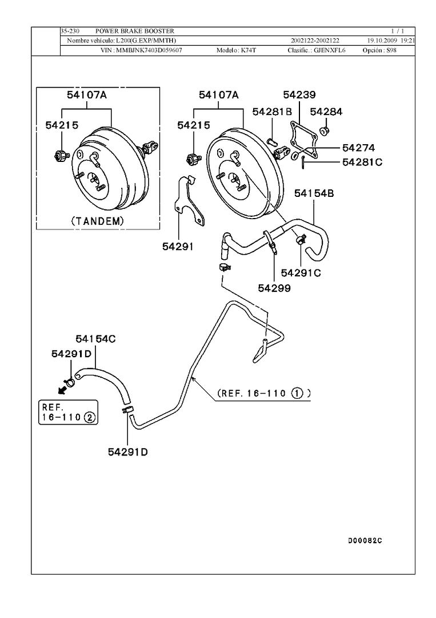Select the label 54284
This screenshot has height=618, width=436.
coord(326,112)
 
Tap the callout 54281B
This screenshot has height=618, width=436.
coord(272,112)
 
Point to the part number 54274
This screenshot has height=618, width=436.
coord(358,148)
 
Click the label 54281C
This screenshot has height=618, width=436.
coord(362,162)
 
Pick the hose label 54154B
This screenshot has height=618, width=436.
coord(314,193)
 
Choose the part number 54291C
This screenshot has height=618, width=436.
coord(301,273)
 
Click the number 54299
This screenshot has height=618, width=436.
coord(274,288)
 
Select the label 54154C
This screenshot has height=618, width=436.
coord(96,339)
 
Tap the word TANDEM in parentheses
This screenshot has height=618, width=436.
coord(97,220)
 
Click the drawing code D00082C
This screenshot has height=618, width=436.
coord(365,540)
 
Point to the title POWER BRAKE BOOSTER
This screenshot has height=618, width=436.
coord(135,30)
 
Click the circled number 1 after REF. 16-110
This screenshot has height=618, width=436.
coord(298,393)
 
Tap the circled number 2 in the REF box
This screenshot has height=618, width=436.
coord(90,417)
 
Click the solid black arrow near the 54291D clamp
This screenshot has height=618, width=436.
coord(60,389)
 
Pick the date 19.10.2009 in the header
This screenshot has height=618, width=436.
coord(382,41)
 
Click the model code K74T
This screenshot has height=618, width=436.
coord(247,50)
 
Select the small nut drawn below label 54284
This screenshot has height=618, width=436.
coord(324,132)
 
